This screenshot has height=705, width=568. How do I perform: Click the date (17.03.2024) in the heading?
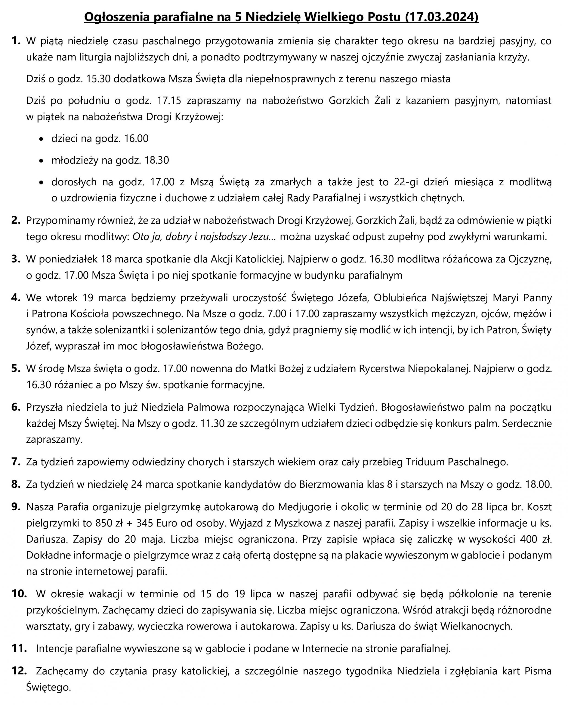pyautogui.click(x=442, y=17)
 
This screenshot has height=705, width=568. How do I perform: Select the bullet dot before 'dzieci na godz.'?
pyautogui.click(x=41, y=139)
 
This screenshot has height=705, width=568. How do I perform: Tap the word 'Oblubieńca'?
pyautogui.click(x=400, y=298)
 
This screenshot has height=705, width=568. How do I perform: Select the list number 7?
pyautogui.click(x=16, y=462)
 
